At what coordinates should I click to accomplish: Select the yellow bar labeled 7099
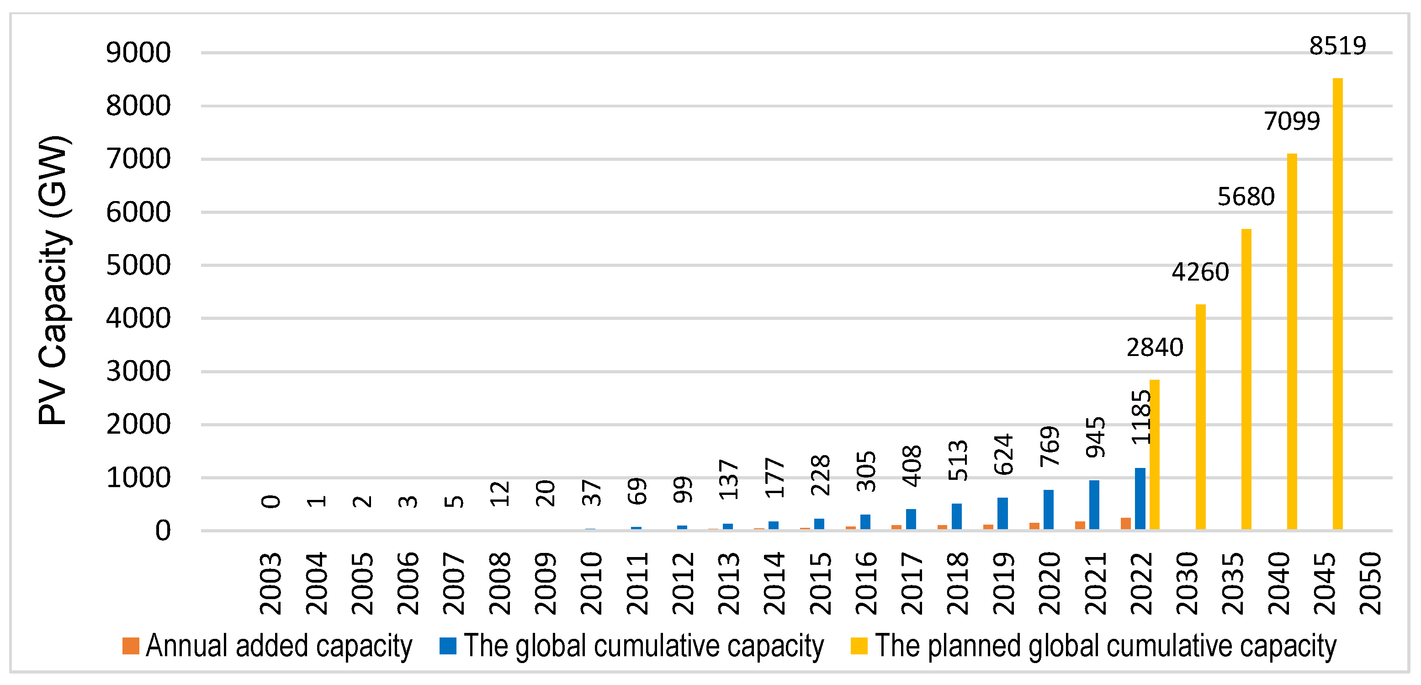[x=1291, y=342]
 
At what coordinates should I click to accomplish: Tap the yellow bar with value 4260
[x=1200, y=417]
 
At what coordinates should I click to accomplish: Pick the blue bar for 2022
[x=1140, y=499]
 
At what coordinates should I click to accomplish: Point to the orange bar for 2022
[x=1125, y=523]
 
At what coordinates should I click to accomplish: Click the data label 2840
[x=1155, y=347]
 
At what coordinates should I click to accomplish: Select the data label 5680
[x=1246, y=197]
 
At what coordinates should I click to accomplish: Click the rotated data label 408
[x=912, y=466]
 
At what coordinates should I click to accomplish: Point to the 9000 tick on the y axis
[x=138, y=53]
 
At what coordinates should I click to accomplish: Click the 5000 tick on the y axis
[x=138, y=266]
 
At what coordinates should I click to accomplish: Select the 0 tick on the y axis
[x=162, y=531]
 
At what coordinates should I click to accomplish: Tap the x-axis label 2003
[x=271, y=584]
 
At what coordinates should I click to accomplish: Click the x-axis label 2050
[x=1370, y=584]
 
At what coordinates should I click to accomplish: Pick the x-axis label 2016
[x=866, y=584]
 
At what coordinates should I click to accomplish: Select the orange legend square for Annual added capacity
[x=131, y=646]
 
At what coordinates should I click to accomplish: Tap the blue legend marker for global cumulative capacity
[x=447, y=646]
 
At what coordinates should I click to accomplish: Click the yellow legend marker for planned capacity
[x=859, y=646]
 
